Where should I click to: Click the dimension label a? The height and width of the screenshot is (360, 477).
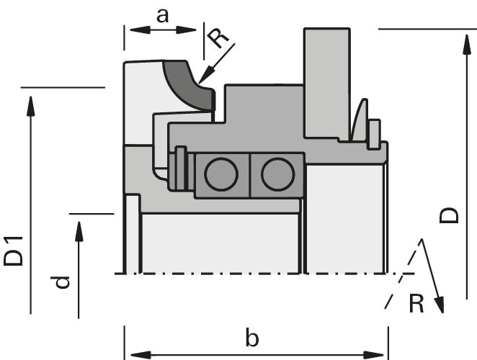[x=162, y=14]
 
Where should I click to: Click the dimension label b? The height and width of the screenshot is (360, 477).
[x=251, y=337]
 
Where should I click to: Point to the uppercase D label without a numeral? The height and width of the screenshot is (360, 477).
[x=448, y=214]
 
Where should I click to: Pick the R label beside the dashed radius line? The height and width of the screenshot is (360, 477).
[x=416, y=303]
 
